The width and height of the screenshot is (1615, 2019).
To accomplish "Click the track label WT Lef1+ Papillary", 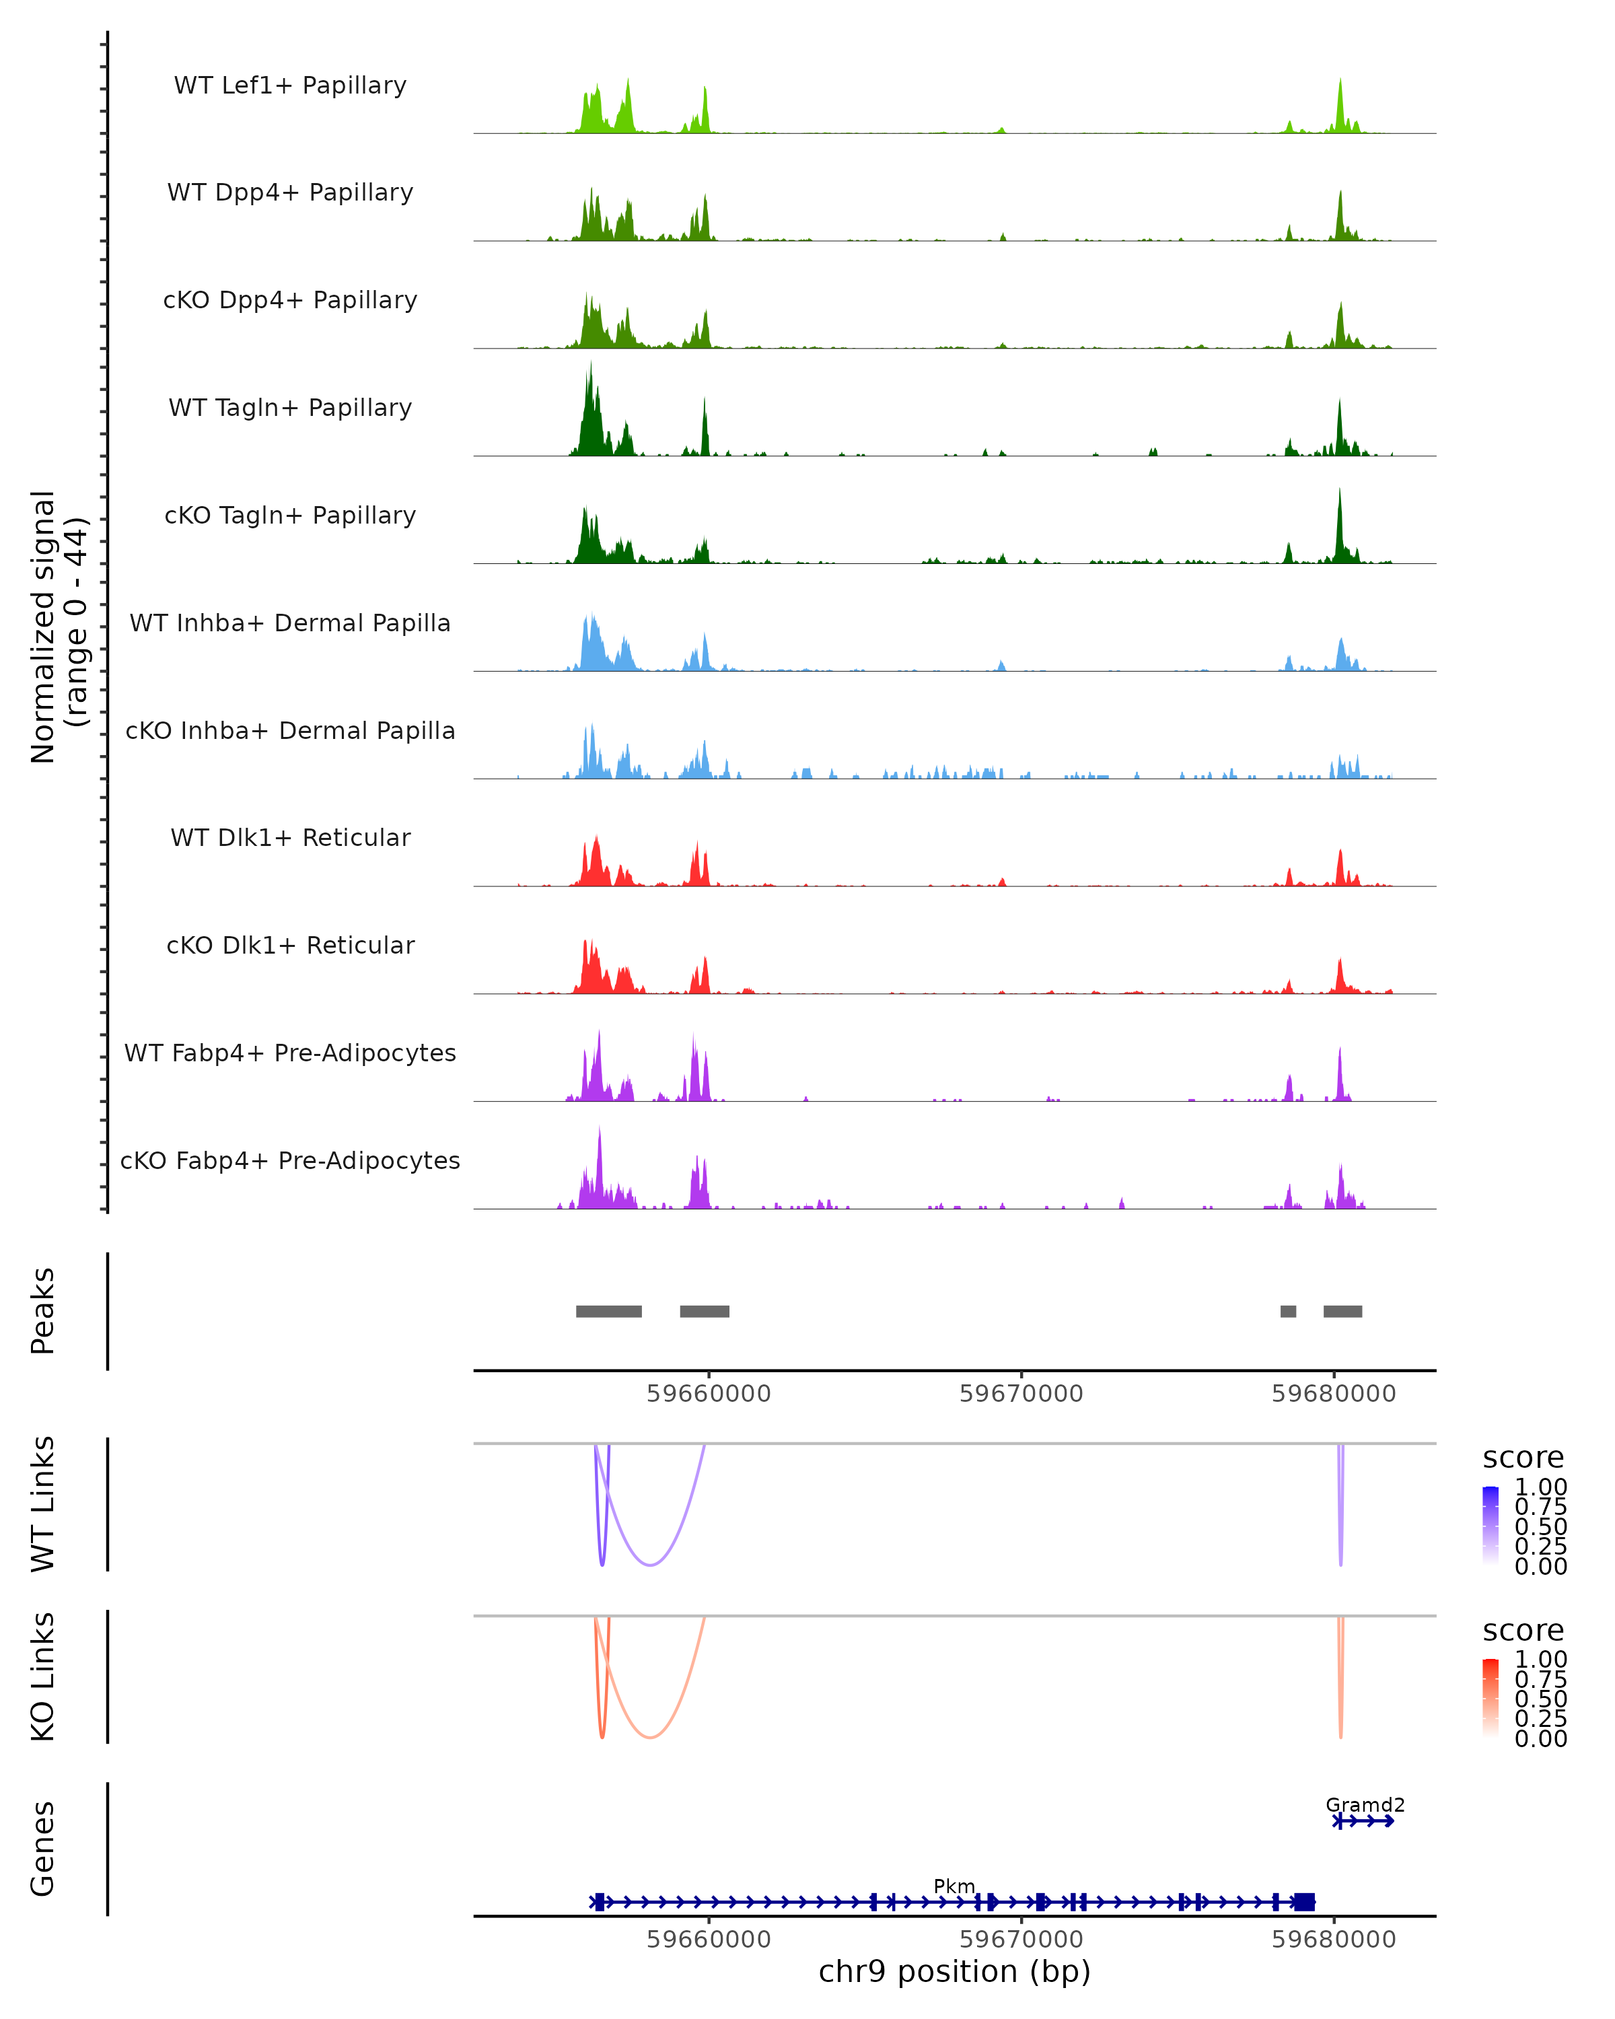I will (290, 86).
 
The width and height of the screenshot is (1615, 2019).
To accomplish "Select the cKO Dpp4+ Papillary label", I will (290, 301).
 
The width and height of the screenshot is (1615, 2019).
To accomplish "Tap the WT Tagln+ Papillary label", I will (290, 409).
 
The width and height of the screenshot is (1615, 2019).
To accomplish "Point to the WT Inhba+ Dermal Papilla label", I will (290, 624).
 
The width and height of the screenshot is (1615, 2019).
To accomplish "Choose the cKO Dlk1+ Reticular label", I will (290, 946).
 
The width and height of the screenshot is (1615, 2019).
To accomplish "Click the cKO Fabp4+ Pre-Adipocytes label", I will (290, 1161).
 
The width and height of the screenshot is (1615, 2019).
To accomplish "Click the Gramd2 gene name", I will (1364, 1804).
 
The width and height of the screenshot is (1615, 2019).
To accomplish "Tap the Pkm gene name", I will (954, 1886).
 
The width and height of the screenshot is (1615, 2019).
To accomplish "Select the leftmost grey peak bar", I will (608, 1311).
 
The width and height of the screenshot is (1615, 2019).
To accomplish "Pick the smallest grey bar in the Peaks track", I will (1288, 1311).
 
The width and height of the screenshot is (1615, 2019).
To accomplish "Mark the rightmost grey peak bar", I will (1342, 1311).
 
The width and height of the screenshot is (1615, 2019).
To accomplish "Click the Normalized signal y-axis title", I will (58, 627).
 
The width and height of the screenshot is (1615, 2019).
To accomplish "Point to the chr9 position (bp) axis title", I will (954, 1972).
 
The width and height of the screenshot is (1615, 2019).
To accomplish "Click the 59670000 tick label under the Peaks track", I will (1021, 1394).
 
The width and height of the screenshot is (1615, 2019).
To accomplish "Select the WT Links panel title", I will (43, 1504).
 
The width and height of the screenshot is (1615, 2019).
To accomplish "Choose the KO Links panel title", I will (43, 1676).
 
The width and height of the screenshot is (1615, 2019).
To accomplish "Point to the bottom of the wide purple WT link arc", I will (650, 1565).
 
